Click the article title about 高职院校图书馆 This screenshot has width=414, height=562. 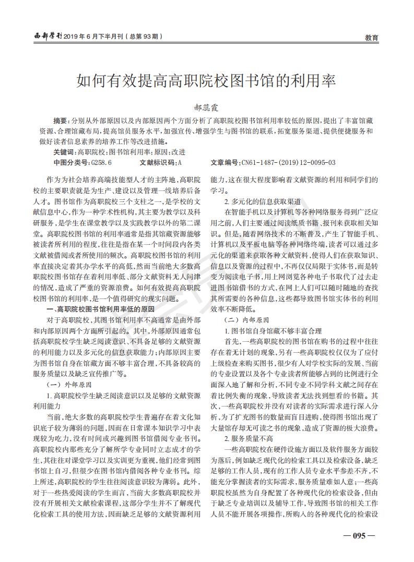coord(206,81)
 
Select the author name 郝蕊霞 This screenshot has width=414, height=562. coord(207,108)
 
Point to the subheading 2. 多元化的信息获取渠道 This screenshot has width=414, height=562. coord(262,201)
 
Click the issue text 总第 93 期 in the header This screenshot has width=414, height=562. coord(144,37)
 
